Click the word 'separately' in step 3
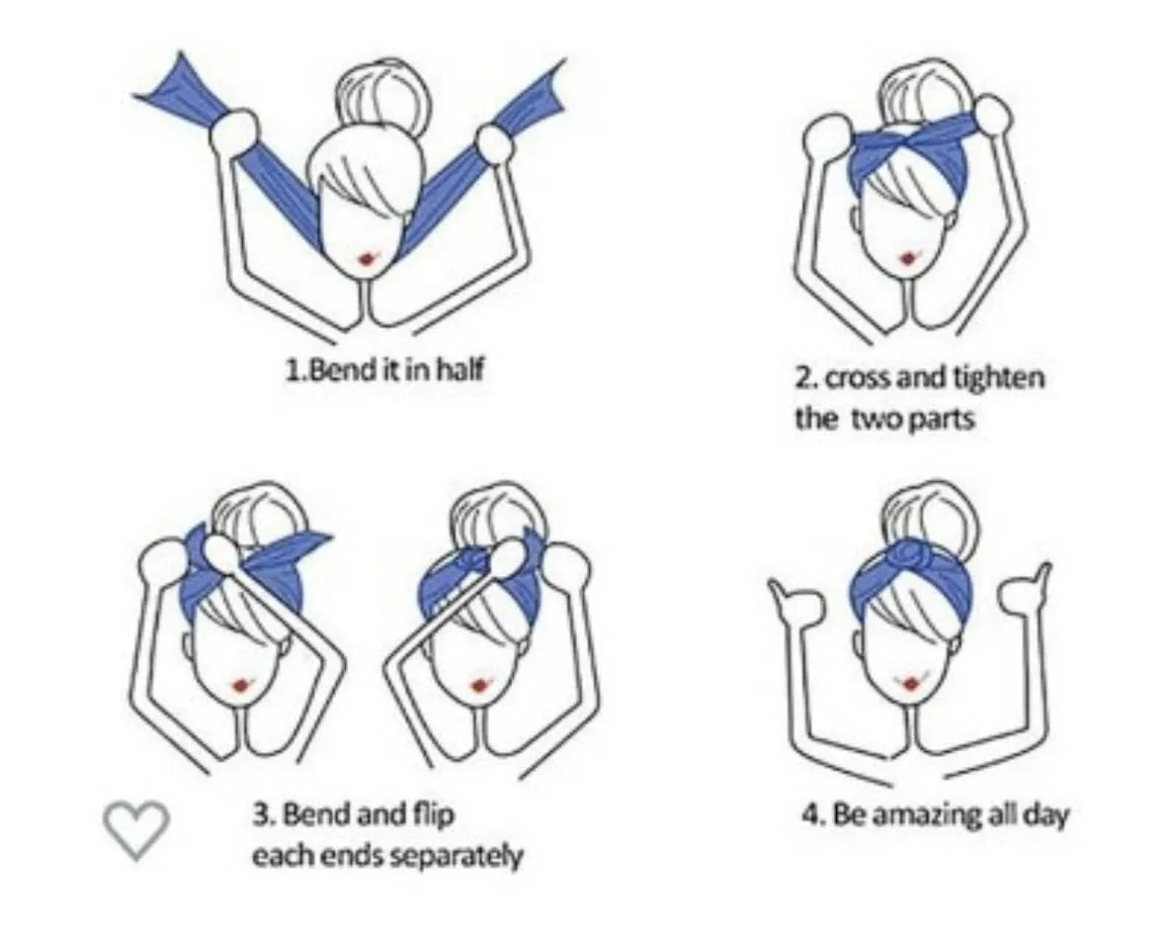pyautogui.click(x=457, y=857)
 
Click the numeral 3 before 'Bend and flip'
pyautogui.click(x=260, y=815)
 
